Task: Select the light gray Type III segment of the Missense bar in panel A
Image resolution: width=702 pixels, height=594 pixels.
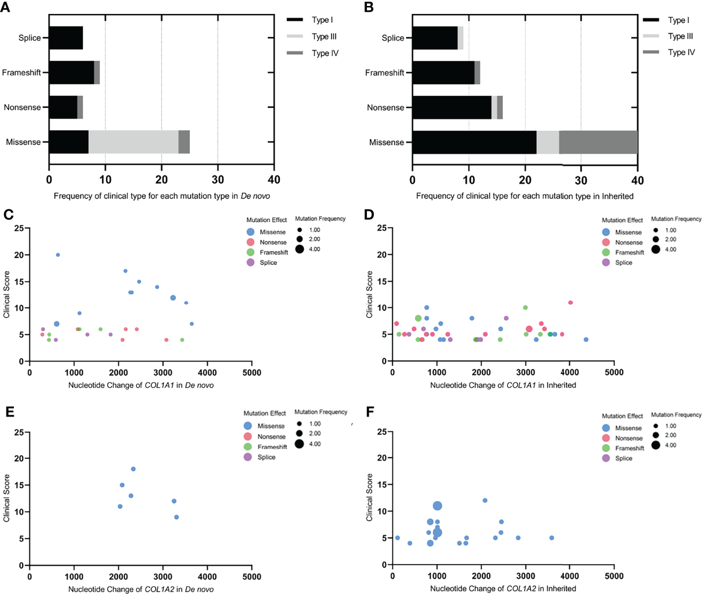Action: [133, 142]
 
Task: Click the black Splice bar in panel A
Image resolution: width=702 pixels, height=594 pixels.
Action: [66, 38]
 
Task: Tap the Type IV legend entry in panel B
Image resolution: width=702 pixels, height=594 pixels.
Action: [681, 52]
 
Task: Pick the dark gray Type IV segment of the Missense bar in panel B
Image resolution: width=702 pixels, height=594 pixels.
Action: [598, 142]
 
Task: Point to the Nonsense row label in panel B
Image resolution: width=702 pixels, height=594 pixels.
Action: [385, 107]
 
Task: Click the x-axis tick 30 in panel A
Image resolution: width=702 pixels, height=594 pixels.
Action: [218, 180]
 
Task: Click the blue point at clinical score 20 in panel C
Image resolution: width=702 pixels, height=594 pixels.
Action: [58, 255]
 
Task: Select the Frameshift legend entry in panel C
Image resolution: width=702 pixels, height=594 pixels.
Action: [273, 253]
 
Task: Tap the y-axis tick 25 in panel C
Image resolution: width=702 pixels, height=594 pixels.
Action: [19, 228]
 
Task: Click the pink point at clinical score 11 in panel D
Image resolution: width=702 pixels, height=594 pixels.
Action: [570, 303]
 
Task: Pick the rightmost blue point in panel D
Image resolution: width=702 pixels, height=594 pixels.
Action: [586, 339]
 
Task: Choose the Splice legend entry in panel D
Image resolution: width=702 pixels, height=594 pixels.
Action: [623, 262]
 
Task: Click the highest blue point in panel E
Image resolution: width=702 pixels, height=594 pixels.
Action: [133, 469]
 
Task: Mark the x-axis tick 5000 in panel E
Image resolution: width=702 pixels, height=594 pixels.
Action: [252, 577]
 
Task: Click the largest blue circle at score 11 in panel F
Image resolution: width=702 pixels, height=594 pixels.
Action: [437, 506]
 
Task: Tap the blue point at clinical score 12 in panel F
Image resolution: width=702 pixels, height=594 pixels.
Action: [485, 501]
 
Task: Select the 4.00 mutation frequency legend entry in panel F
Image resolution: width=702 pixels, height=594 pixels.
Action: [670, 445]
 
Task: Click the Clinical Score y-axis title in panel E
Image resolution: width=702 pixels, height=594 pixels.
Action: [6, 498]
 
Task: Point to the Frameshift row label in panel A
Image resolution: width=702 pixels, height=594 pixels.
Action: [21, 73]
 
